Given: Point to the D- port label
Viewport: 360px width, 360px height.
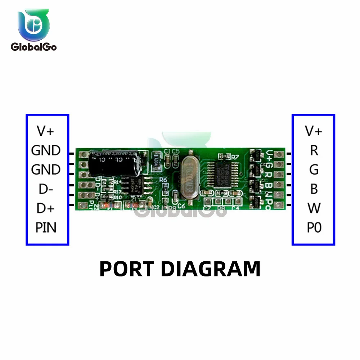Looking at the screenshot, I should (46, 189).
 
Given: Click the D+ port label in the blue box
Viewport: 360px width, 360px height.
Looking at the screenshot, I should (46, 208).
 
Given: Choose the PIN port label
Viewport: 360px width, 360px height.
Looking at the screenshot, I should (46, 228).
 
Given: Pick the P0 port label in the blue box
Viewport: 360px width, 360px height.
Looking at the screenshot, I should (314, 228).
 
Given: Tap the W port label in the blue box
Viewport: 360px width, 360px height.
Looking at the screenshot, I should (314, 208).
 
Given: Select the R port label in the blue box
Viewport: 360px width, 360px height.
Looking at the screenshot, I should (314, 150).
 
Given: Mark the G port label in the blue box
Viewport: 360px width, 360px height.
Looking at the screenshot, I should (314, 170).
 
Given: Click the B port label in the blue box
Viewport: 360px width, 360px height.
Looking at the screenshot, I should (314, 189).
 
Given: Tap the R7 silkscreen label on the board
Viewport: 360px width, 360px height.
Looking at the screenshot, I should (235, 157).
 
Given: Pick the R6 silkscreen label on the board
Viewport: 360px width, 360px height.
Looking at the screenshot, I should (163, 180).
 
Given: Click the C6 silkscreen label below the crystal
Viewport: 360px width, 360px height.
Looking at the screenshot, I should (181, 206).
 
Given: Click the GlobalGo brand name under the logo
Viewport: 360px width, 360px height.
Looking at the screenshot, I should (33, 47).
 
